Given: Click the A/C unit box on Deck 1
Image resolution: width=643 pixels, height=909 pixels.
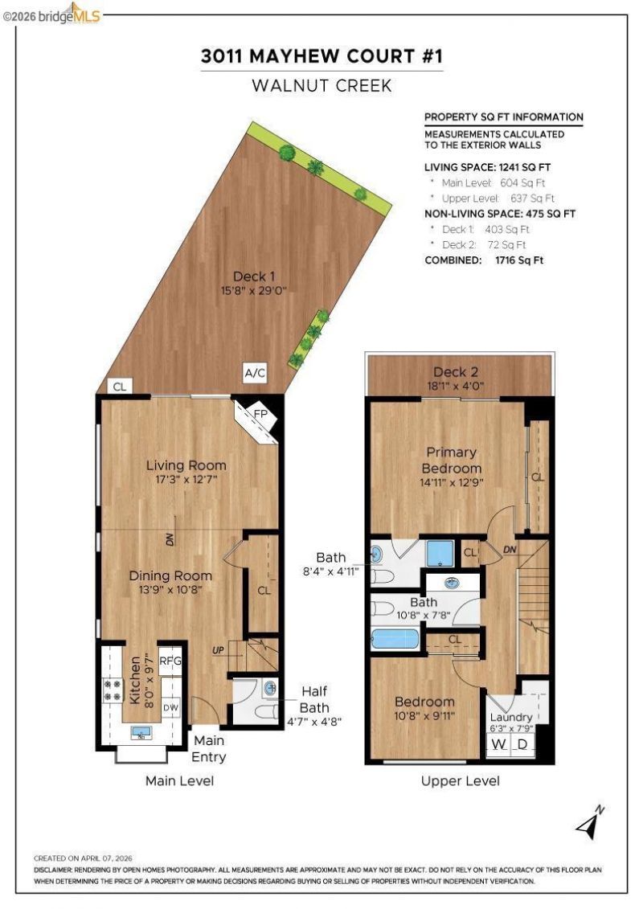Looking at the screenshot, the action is (x=255, y=373).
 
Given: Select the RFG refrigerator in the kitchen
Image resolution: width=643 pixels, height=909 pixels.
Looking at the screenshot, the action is (x=170, y=661).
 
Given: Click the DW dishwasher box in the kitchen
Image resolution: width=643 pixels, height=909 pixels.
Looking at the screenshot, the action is (x=171, y=708).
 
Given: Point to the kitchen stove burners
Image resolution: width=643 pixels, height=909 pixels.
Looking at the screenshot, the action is (x=113, y=690).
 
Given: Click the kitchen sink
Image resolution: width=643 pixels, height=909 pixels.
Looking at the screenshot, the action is (x=141, y=733).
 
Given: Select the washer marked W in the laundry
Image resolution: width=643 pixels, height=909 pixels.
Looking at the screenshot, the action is (x=498, y=743).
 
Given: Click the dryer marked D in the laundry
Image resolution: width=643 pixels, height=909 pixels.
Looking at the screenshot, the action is (x=522, y=743).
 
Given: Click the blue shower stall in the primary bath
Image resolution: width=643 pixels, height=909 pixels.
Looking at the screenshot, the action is (x=440, y=553).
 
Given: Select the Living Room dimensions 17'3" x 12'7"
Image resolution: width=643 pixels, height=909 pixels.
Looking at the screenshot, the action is (x=186, y=480).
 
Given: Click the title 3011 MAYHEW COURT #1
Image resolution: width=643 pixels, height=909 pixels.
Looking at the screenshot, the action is (x=321, y=56).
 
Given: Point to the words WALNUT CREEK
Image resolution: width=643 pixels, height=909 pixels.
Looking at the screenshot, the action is (x=321, y=86).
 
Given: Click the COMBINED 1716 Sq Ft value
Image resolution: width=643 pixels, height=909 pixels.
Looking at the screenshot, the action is (x=519, y=260).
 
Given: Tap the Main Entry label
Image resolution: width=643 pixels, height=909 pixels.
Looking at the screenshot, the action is (x=209, y=748).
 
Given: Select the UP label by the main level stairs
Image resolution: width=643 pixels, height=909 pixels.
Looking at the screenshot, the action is (x=218, y=650).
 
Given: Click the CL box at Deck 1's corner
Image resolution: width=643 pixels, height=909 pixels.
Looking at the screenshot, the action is (x=120, y=386).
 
